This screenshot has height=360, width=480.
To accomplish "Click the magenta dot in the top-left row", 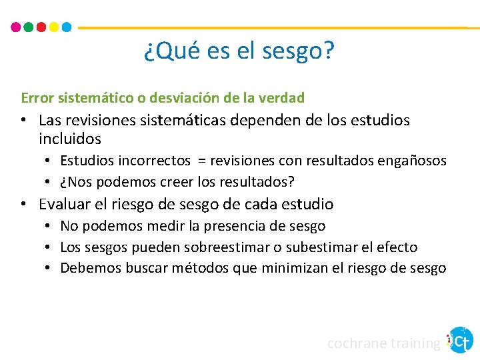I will coord(16,27).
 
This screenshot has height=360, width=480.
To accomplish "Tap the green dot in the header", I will coord(29,27).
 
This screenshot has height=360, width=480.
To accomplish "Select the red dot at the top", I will coord(41,27).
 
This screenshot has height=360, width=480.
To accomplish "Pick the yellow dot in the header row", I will coord(54,27).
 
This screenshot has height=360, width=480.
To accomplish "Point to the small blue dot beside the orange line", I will coord(67,27).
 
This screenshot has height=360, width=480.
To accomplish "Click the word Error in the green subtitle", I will coord(37,98).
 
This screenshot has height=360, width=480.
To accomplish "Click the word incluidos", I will coord(70,139).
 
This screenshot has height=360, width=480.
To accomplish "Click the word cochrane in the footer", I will coord(355,343).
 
